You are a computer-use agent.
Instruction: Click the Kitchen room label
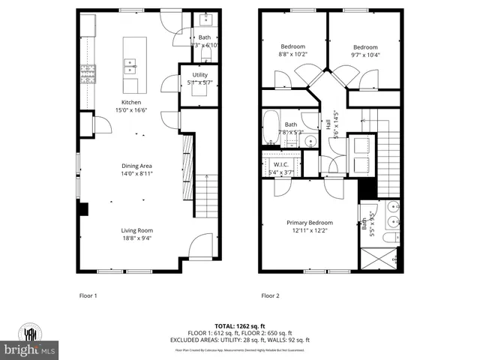[132, 102]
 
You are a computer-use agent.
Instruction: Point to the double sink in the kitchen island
[129, 67]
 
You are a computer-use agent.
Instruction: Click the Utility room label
[199, 75]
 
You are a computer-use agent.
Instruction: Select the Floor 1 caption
[88, 295]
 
